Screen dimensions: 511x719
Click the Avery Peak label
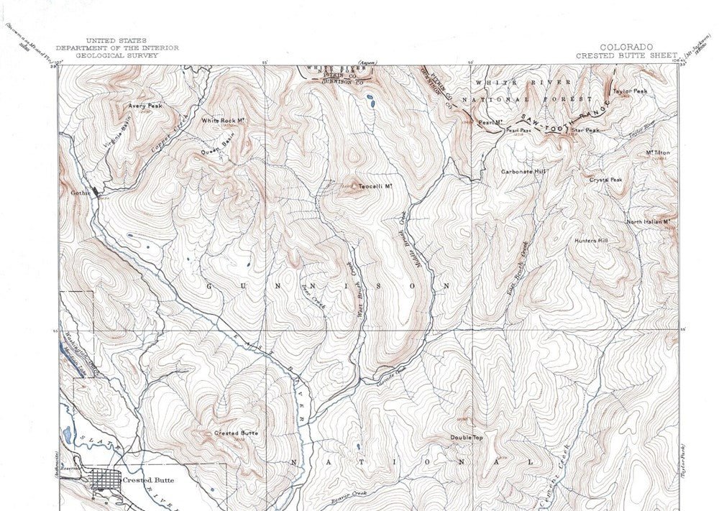pyautogui.click(x=145, y=106)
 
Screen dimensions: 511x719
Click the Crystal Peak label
pyautogui.click(x=606, y=180)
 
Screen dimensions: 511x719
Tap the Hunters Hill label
pyautogui.click(x=592, y=241)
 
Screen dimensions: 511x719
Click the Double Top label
pyautogui.click(x=467, y=437)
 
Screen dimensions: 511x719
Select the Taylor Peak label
pyautogui.click(x=631, y=91)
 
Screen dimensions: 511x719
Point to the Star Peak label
pyautogui.click(x=587, y=130)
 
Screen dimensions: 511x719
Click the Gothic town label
pyautogui.click(x=78, y=193)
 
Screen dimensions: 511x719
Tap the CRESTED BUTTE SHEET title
pyautogui.click(x=626, y=55)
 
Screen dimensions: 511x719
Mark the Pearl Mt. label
pyautogui.click(x=488, y=122)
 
